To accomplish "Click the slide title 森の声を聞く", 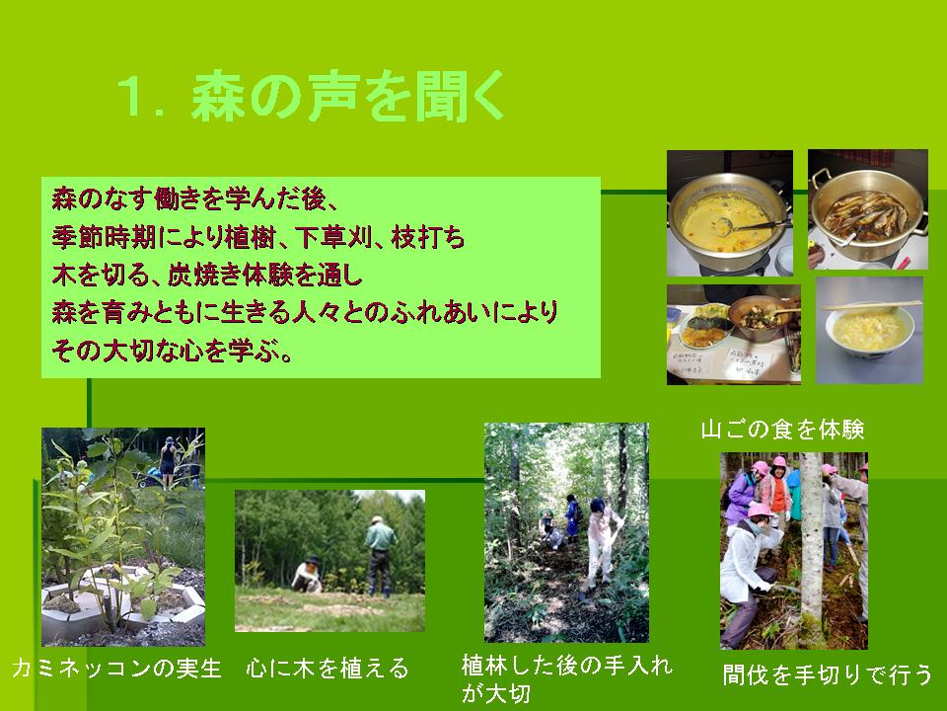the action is pos(348,96).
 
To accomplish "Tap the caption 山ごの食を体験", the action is pos(782,430).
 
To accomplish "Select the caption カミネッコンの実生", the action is pos(116,669).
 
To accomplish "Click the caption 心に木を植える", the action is pos(328,669).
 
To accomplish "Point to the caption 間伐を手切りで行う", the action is pos(828,674).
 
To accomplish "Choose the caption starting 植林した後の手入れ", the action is pos(567,678).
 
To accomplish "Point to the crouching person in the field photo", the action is pos(308,575).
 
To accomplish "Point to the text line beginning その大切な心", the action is pos(173,351).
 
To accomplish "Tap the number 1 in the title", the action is pos(130,97).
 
